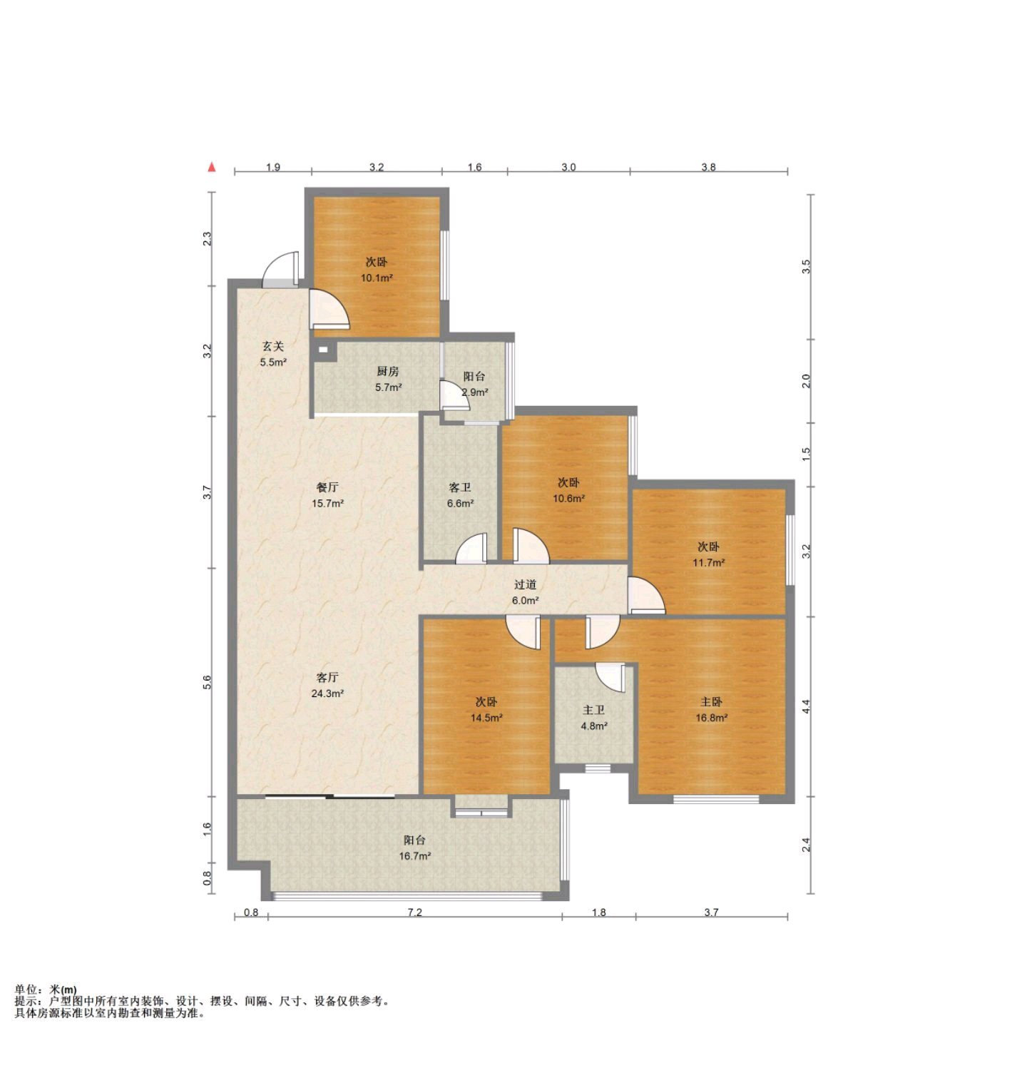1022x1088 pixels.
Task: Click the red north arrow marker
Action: point(211,168)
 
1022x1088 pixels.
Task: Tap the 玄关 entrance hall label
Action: point(273,346)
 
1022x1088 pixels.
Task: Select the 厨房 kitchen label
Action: point(388,371)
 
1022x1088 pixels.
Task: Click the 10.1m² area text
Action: point(377,278)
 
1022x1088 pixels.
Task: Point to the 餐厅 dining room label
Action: point(327,487)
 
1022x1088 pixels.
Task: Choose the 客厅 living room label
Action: point(327,677)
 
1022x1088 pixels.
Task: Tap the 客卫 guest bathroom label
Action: point(460,487)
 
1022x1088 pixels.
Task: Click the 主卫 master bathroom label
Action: point(594,710)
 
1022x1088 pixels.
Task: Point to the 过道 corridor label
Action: point(525,584)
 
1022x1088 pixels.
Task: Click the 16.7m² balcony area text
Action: point(414,856)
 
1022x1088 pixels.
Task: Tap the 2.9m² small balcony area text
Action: point(475,392)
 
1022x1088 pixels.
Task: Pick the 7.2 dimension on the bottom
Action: point(415,912)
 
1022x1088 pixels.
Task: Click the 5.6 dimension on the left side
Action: point(208,682)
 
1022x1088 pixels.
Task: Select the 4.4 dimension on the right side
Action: point(806,706)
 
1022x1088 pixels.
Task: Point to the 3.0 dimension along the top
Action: point(568,167)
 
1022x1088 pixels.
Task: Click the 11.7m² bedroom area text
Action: point(709,562)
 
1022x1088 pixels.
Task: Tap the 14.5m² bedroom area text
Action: point(486,718)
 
